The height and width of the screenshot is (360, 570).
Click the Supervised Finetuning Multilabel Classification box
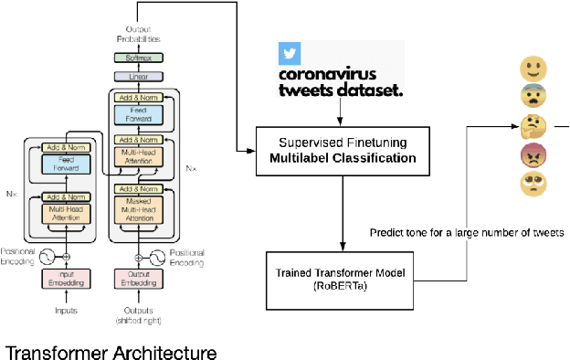click(342, 150)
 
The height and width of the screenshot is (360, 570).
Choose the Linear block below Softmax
click(139, 78)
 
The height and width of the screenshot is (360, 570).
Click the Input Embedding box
click(66, 278)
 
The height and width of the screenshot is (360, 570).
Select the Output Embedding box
click(139, 278)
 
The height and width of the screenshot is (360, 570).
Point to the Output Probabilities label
click(139, 35)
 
